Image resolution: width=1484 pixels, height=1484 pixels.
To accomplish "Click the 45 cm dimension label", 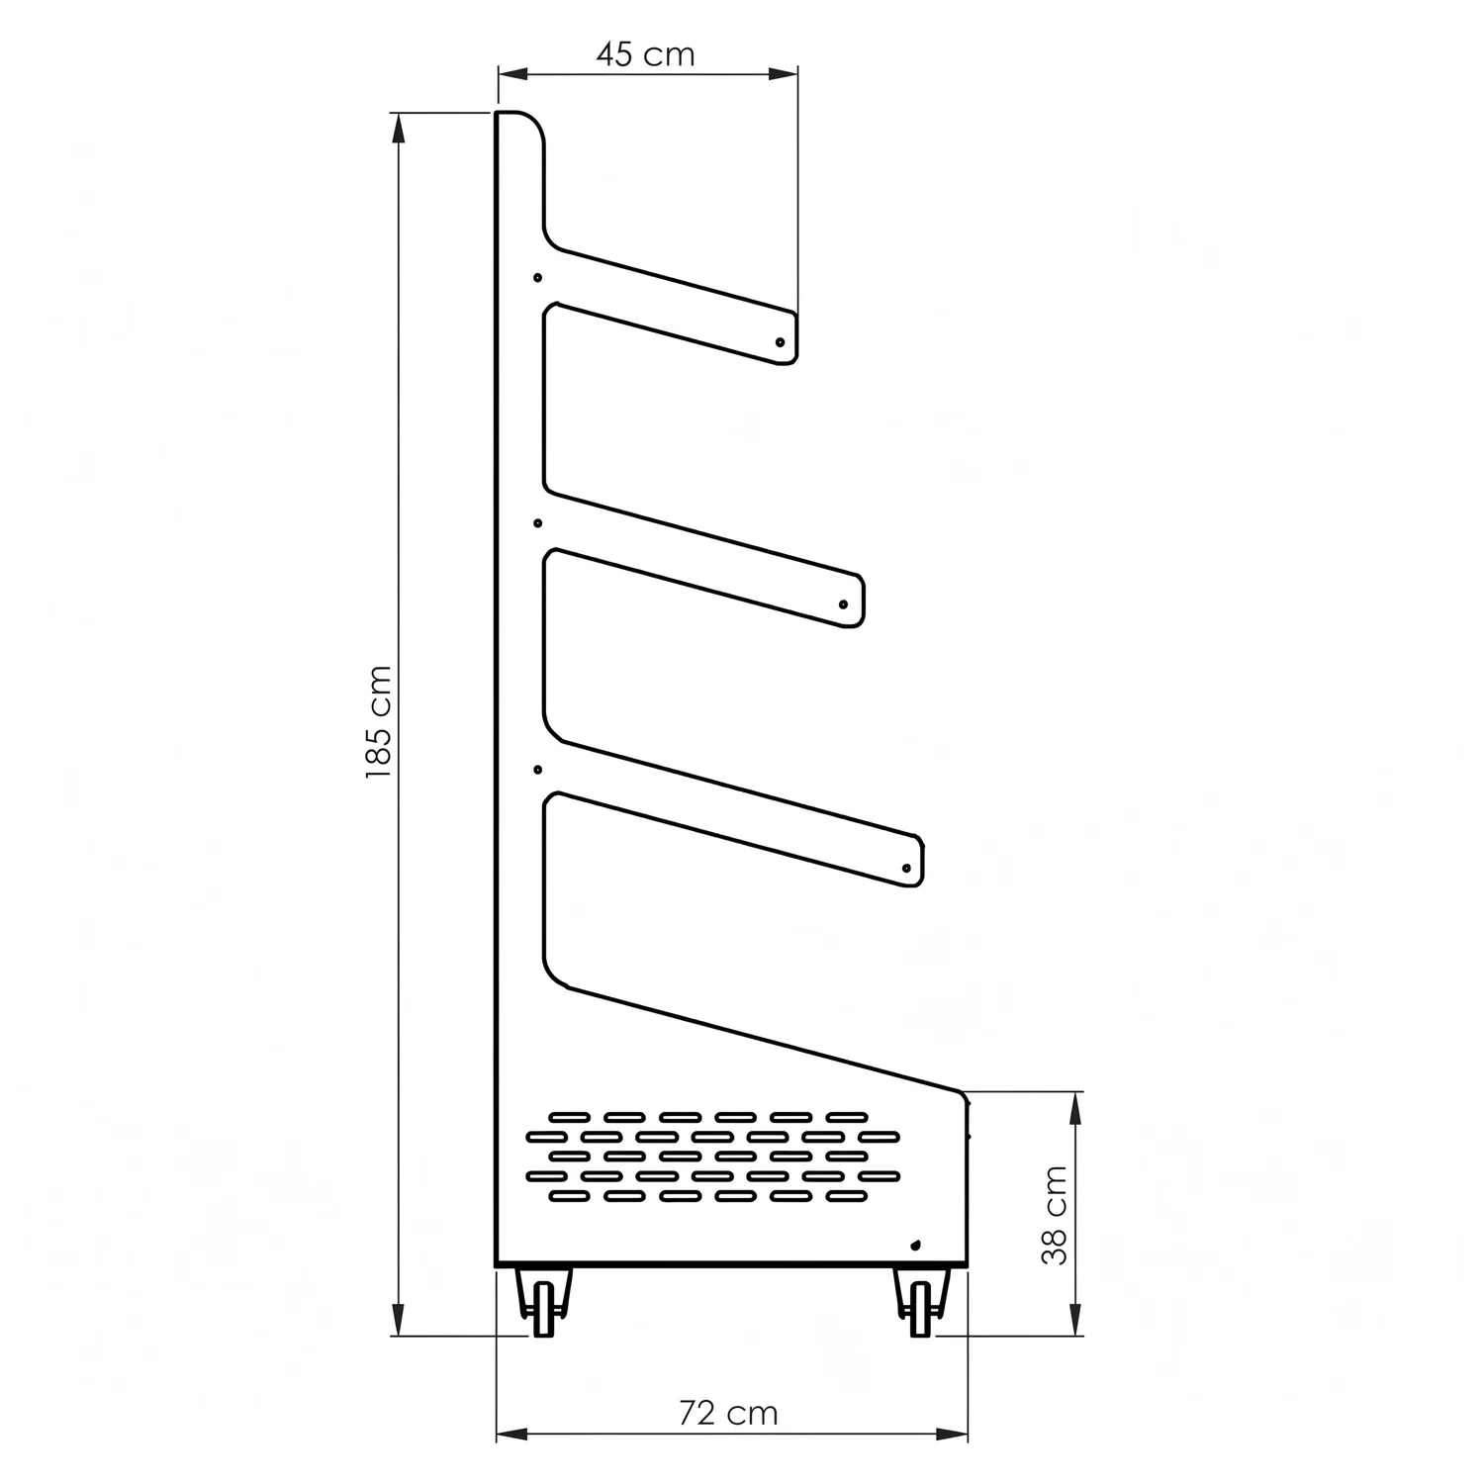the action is [x=645, y=53].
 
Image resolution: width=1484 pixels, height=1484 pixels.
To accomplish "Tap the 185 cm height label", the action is [x=379, y=722].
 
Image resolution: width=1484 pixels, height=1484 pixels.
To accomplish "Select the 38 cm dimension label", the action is [x=1056, y=1216].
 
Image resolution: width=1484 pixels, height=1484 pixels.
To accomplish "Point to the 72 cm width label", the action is [x=728, y=1413].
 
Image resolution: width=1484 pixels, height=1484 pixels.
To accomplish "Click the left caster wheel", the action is [x=543, y=1309].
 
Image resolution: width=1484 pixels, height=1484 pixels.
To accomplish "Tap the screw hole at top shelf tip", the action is [x=780, y=341].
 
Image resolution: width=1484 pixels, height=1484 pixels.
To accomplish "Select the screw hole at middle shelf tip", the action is [x=843, y=604].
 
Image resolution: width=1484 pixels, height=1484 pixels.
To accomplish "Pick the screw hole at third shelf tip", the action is [x=906, y=868].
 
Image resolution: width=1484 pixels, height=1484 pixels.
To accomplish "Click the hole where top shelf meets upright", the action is [x=538, y=278].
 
